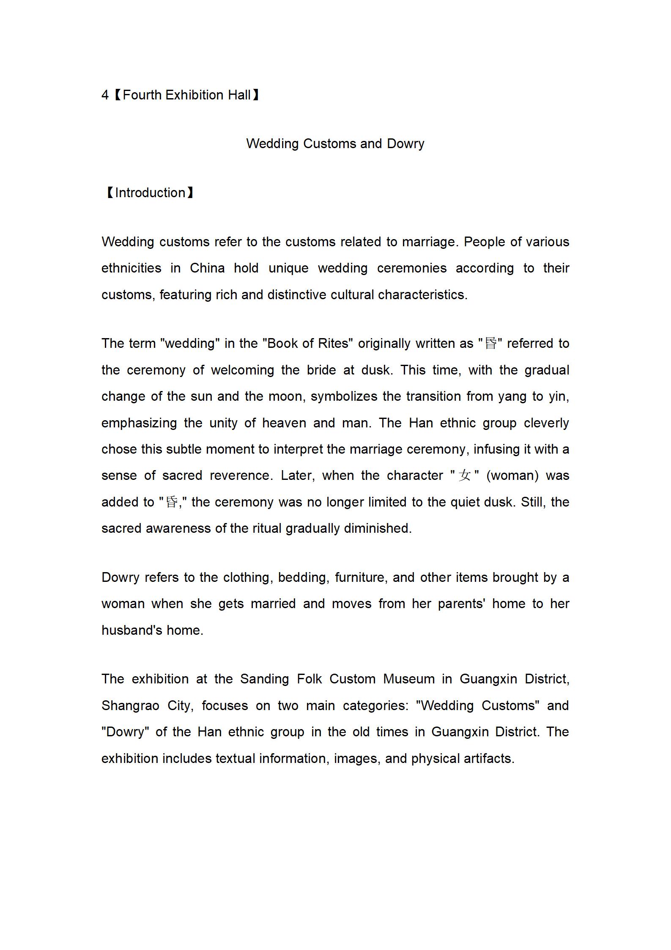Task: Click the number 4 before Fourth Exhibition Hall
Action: (x=105, y=95)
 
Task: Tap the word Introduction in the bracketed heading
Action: (x=150, y=193)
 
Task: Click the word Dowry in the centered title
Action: (x=405, y=144)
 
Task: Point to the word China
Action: (x=207, y=268)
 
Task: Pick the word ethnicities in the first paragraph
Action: (x=131, y=268)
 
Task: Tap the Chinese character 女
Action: (x=464, y=476)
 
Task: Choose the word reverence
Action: (x=239, y=476)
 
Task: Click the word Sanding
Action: (x=265, y=679)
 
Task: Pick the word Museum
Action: (x=408, y=679)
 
